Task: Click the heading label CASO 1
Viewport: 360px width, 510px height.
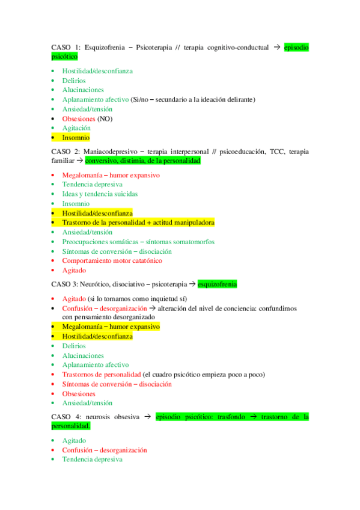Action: click(66, 47)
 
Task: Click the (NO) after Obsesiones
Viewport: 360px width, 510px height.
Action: click(105, 118)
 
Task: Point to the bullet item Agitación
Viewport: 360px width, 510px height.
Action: click(76, 128)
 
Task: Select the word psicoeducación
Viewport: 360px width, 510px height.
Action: click(240, 152)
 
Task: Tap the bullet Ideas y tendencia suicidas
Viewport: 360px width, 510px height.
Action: click(100, 194)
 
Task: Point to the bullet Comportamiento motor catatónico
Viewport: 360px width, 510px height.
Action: click(112, 260)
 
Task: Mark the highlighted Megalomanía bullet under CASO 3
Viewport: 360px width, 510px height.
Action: click(111, 327)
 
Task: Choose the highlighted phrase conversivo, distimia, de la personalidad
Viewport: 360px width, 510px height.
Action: click(143, 161)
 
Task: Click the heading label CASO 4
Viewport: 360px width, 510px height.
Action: click(66, 416)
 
